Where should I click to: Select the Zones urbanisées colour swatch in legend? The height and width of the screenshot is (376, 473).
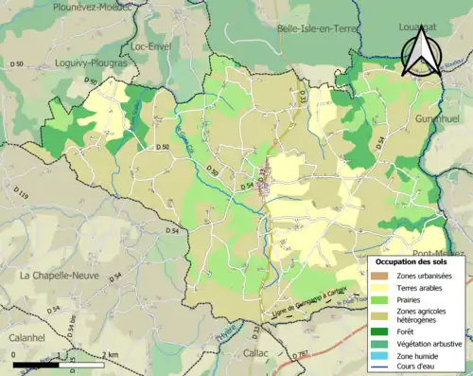(x=383, y=276)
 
